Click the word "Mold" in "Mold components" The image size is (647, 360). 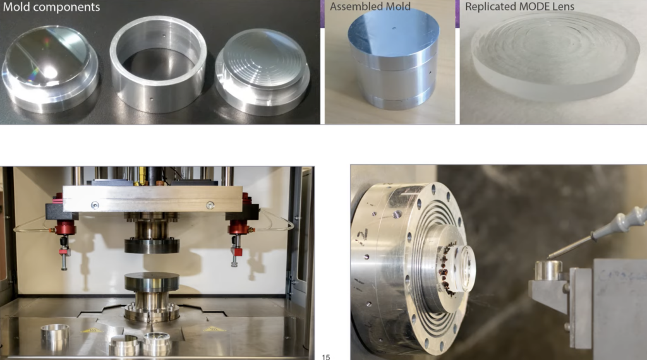pos(16,7)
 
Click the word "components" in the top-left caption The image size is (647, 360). pos(66,8)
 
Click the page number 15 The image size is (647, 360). pos(326,357)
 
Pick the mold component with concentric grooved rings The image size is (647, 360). pos(262,71)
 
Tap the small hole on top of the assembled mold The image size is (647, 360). pos(394,29)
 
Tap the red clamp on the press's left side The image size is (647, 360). pos(66,226)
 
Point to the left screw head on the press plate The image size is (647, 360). pos(95,205)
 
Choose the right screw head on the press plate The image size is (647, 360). pos(210,205)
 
